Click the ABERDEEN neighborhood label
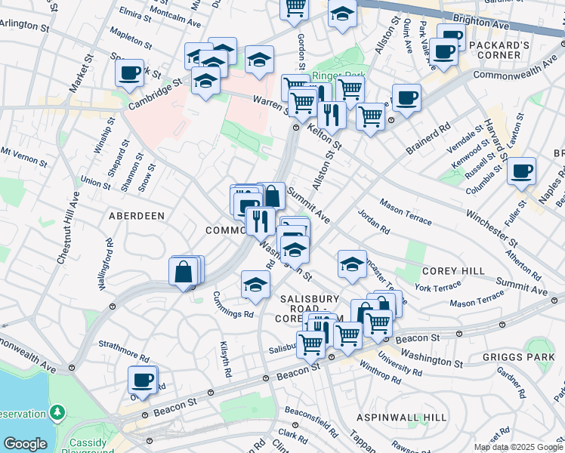tap(137, 215)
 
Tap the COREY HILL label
tap(447, 270)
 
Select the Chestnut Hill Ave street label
tap(68, 226)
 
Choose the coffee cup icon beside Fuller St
tap(521, 171)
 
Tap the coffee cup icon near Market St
tap(130, 73)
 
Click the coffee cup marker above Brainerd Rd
tap(406, 97)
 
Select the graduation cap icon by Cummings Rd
tap(255, 285)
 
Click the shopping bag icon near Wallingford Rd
tap(184, 272)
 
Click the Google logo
tap(26, 444)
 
